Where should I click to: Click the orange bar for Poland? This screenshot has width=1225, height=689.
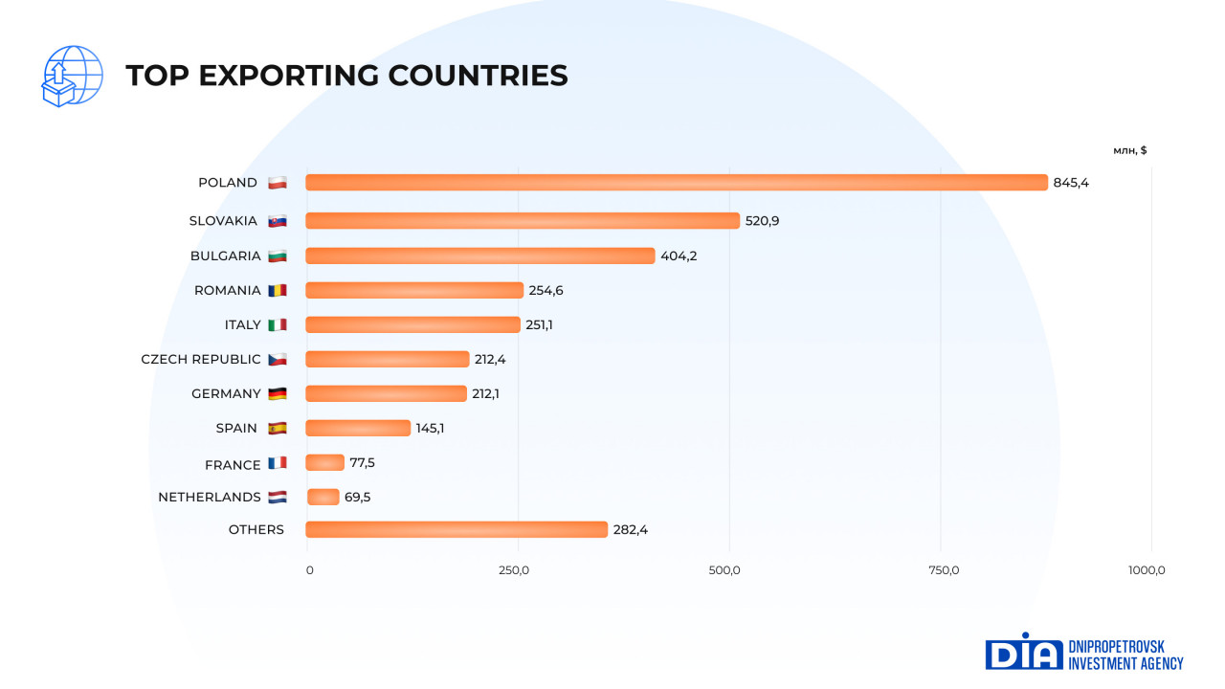[676, 183]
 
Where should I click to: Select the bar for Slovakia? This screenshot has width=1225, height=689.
[522, 221]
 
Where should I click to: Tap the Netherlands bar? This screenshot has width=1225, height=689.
[323, 497]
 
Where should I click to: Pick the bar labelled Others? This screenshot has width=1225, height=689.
[456, 529]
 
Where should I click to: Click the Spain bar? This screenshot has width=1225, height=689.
[357, 428]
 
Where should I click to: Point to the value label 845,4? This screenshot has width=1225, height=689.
[1071, 183]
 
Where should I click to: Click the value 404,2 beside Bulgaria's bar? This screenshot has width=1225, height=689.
[679, 256]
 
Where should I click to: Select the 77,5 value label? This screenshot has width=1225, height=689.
[362, 463]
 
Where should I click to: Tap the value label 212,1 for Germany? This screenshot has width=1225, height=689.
[485, 393]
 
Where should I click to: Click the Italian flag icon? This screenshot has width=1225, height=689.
[278, 325]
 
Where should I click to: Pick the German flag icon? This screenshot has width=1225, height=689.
[278, 394]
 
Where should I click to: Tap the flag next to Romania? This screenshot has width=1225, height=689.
[278, 290]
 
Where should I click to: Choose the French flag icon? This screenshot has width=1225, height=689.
[278, 464]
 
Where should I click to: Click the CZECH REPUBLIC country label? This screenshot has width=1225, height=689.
[201, 360]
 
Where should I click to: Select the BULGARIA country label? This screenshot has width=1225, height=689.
[225, 256]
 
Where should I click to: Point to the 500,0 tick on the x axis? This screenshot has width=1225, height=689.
[724, 571]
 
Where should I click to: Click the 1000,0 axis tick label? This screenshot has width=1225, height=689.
[1147, 571]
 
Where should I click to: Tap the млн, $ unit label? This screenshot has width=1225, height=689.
[1130, 150]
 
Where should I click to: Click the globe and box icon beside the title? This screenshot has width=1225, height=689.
[72, 76]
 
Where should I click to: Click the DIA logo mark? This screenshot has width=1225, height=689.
[1023, 652]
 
